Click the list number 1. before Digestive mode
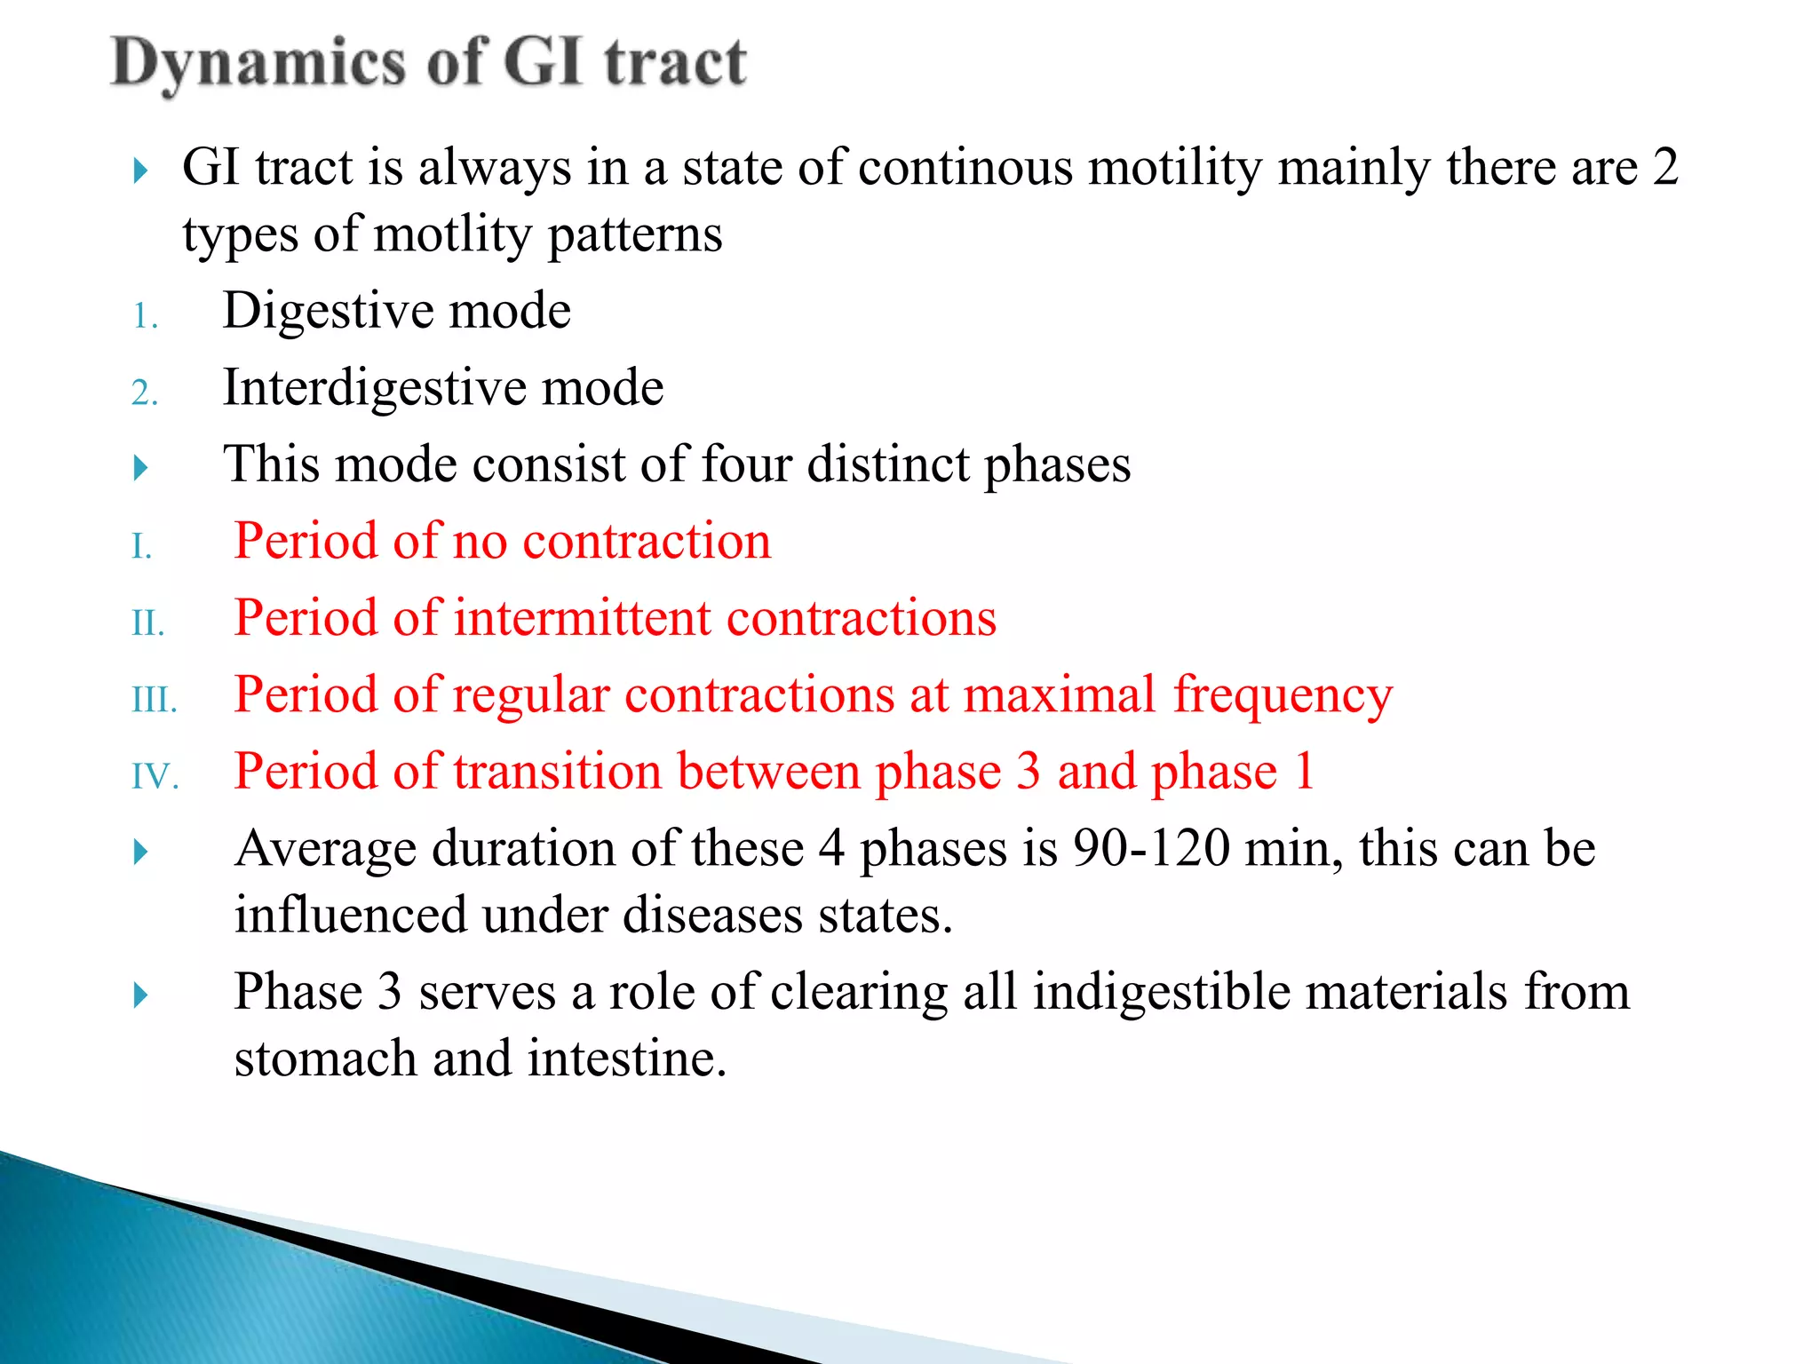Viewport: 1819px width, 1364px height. coord(146,317)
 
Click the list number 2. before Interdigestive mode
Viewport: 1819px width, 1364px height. coord(145,393)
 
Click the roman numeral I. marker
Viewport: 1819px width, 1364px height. coord(142,547)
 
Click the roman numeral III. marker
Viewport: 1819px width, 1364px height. coord(155,701)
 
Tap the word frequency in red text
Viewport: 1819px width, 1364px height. coord(1283,696)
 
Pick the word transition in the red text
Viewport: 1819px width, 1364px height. coord(557,771)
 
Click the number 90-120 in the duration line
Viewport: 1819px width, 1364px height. coord(1151,848)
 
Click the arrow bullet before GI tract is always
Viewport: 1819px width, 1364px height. coord(140,170)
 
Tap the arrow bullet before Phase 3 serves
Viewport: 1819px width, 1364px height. coord(140,995)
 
